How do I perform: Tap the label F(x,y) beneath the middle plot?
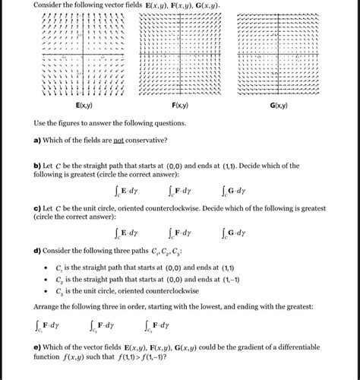click(180, 106)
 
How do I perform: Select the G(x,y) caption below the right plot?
click(279, 106)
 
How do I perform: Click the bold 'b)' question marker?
click(37, 165)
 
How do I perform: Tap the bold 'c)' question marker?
click(37, 208)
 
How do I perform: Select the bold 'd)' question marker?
click(37, 252)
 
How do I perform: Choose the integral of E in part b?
click(126, 190)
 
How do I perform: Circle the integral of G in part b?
click(234, 190)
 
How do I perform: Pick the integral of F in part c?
click(179, 233)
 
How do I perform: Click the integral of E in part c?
click(126, 233)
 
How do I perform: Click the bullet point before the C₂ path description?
click(46, 280)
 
